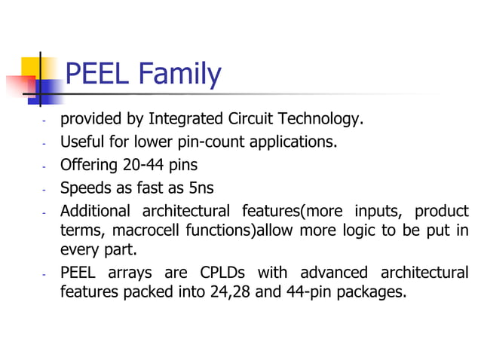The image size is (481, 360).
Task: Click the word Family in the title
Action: point(180,75)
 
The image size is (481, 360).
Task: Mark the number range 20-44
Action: point(144,164)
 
